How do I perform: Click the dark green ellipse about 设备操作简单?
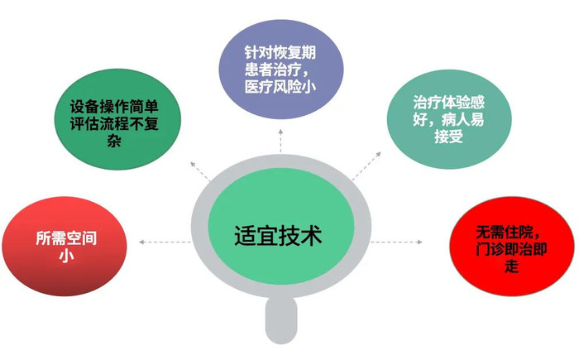[115, 122]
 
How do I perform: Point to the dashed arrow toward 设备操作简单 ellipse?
[199, 168]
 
